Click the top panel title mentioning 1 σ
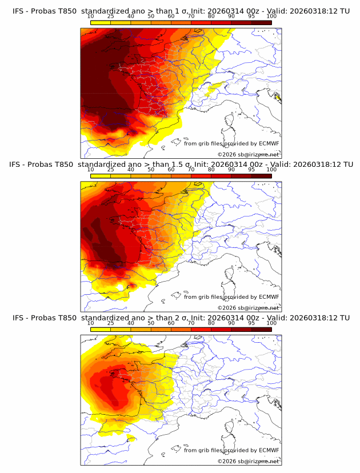181,11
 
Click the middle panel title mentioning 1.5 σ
181,164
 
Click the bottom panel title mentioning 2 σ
181,318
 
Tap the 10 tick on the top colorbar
91,17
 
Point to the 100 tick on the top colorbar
271,17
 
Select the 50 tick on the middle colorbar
151,170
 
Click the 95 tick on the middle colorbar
251,170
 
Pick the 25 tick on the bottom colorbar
111,323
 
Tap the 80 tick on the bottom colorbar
211,323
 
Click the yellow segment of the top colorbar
101,23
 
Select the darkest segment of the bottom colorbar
262,329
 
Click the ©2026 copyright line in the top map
248,154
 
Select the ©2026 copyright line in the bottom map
248,461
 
